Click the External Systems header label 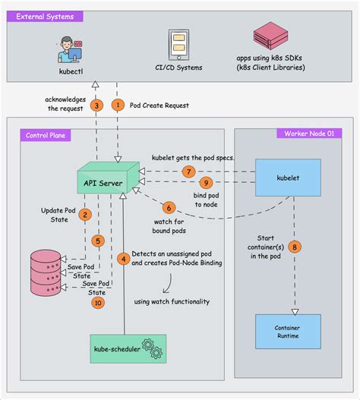[45, 15]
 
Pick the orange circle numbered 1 [117, 105]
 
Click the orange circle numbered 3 [96, 105]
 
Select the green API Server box [107, 181]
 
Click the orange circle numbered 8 [295, 246]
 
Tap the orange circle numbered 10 [96, 302]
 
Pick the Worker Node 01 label [309, 134]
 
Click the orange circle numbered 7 [189, 172]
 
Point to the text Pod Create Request [160, 105]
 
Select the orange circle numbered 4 [122, 259]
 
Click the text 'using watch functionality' [172, 301]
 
